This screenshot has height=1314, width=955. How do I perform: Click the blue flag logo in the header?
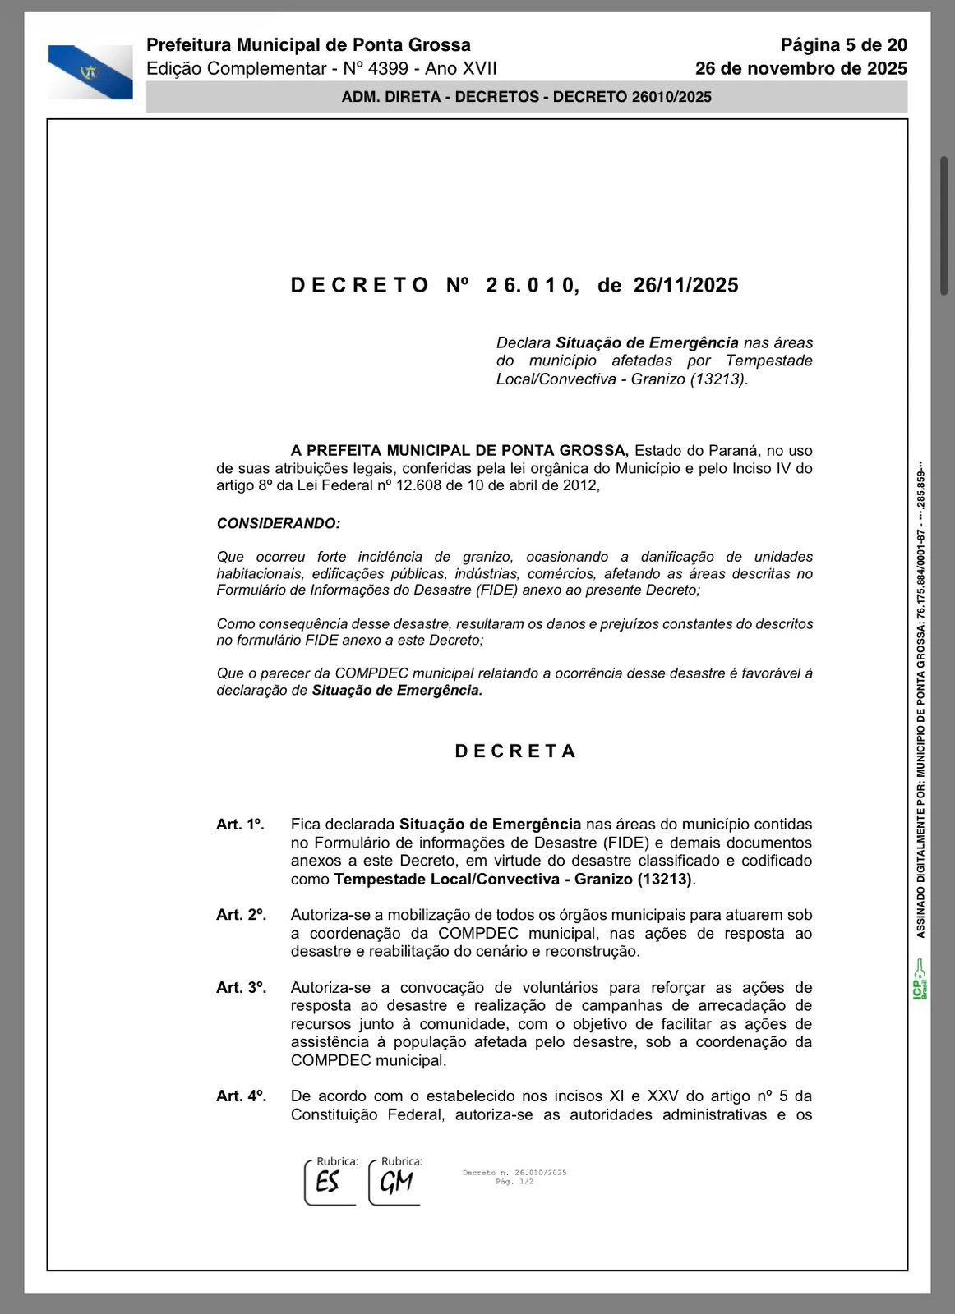[90, 72]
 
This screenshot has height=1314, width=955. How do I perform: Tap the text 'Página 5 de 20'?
[843, 45]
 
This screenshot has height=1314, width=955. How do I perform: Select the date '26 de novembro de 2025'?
[800, 68]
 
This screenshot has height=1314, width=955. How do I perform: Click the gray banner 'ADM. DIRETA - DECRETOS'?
[526, 97]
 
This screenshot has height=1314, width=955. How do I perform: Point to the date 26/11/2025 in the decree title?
[685, 286]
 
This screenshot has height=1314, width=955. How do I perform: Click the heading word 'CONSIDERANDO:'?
[278, 523]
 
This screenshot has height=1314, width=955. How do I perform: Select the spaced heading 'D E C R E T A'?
[515, 751]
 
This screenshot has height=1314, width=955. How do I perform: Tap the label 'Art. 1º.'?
[240, 825]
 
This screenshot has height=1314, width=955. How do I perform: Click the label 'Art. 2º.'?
[241, 915]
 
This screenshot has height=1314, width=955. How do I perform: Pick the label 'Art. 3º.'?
[241, 988]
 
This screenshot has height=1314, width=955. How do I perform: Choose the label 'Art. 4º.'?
[241, 1096]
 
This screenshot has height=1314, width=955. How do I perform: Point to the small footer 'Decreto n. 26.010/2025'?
[514, 1173]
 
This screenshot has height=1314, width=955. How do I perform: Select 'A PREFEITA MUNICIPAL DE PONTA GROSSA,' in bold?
[459, 451]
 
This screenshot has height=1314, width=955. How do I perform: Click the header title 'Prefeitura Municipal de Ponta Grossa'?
[308, 45]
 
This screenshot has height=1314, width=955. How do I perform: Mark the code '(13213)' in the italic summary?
[717, 379]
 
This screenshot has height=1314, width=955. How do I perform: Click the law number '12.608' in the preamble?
[419, 485]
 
